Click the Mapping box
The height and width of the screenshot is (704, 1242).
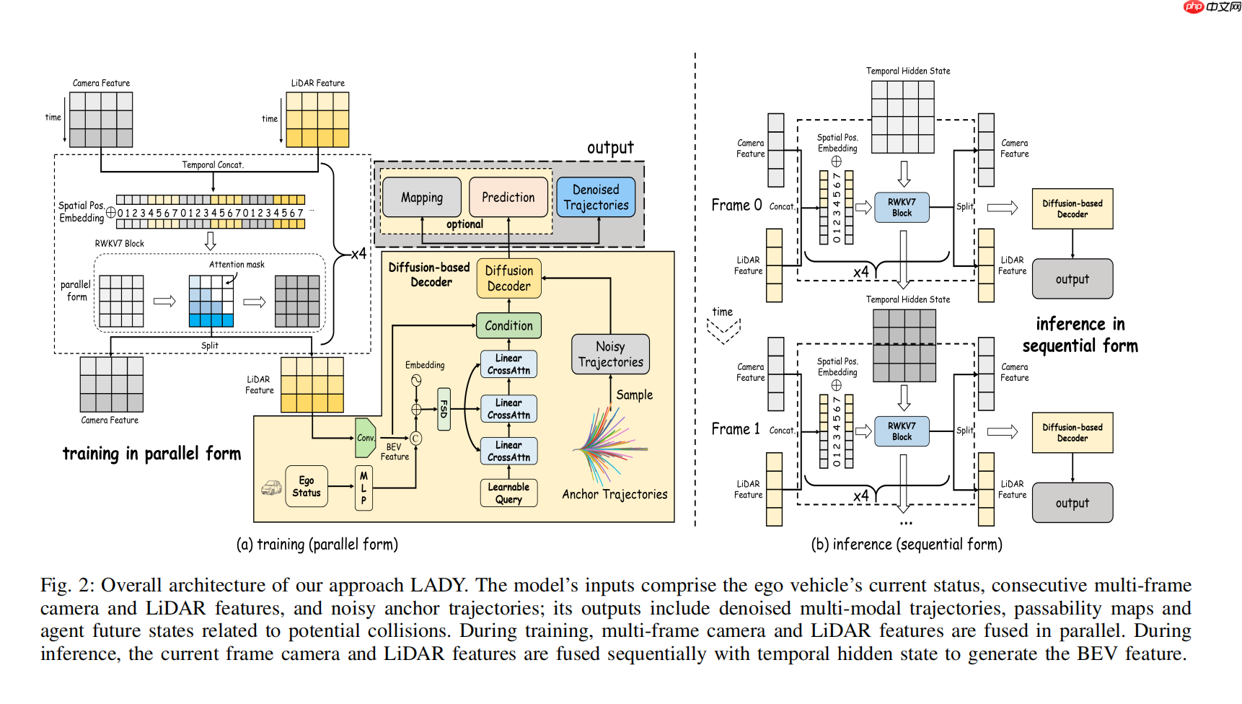click(422, 198)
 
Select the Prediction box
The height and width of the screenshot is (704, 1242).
click(508, 198)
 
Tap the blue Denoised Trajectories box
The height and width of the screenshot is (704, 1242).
click(596, 198)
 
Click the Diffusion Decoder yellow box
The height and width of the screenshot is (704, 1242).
click(508, 278)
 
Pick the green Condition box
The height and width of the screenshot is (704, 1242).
click(508, 326)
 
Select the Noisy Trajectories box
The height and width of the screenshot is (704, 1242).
click(610, 354)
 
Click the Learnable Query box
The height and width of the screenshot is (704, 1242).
click(508, 493)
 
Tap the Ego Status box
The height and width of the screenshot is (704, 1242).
click(307, 487)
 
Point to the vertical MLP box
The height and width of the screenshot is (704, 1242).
click(364, 488)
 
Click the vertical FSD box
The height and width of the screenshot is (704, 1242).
click(444, 409)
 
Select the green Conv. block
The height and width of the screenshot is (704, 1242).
click(366, 438)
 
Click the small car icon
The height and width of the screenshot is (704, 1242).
click(271, 488)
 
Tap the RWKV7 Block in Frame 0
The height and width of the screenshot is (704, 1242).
click(902, 208)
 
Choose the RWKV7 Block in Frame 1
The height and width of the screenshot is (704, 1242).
click(902, 431)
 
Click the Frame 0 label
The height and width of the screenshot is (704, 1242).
click(736, 206)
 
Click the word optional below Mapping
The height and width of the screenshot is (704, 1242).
click(464, 224)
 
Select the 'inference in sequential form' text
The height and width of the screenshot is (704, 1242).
click(1080, 335)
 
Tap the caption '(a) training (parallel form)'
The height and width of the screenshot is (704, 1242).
click(317, 545)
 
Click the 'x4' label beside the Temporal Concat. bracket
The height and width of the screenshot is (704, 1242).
click(358, 254)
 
